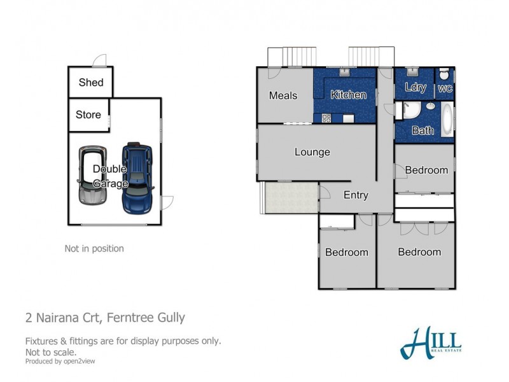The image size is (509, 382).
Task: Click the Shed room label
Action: pyautogui.click(x=91, y=82)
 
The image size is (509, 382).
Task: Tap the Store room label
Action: pyautogui.click(x=88, y=115)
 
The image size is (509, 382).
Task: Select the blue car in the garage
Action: pyautogui.click(x=137, y=178)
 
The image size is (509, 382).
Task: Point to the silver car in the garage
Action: pyautogui.click(x=92, y=175)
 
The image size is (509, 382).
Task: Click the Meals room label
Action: pyautogui.click(x=283, y=95)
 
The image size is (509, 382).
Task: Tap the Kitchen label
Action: pyautogui.click(x=348, y=94)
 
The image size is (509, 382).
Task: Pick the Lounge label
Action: pyautogui.click(x=312, y=152)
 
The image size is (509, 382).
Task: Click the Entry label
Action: pyautogui.click(x=356, y=195)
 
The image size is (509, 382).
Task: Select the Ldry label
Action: pyautogui.click(x=415, y=87)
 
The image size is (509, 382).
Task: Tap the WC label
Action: pyautogui.click(x=445, y=88)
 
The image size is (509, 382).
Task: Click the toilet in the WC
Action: pyautogui.click(x=444, y=74)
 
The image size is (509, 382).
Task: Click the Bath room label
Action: pyautogui.click(x=422, y=131)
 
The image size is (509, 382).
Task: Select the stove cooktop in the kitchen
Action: pyautogui.click(x=326, y=118)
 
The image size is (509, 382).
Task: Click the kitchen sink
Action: pyautogui.click(x=344, y=72)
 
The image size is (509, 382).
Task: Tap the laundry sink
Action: pyautogui.click(x=412, y=71)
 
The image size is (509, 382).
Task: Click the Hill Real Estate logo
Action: pyautogui.click(x=431, y=343)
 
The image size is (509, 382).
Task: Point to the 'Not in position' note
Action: pyautogui.click(x=94, y=248)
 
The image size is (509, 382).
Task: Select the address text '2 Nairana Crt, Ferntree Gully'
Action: pyautogui.click(x=105, y=317)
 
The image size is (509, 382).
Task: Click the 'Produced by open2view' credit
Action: pyautogui.click(x=60, y=361)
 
